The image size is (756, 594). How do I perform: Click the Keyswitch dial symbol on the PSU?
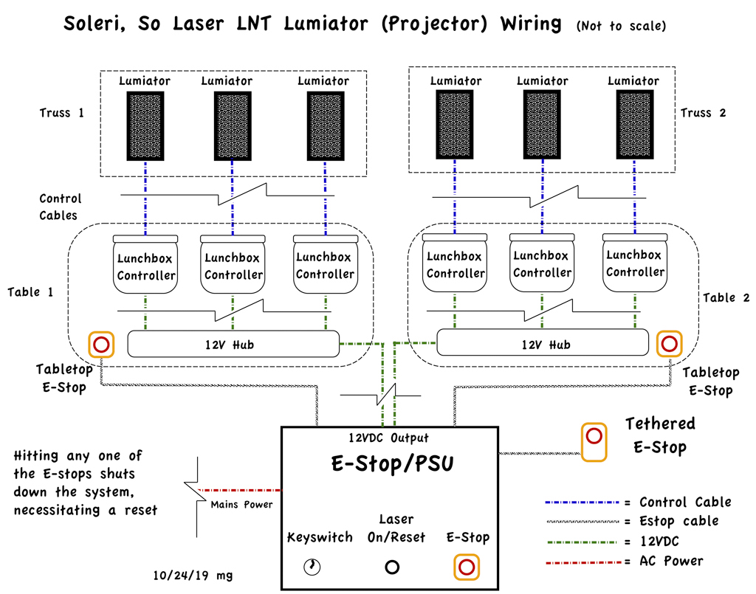[312, 567]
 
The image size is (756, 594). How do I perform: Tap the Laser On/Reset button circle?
[392, 567]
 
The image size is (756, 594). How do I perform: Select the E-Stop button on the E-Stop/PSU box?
[466, 567]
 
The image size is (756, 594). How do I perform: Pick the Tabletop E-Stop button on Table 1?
[101, 344]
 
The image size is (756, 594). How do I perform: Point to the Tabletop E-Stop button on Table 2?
[669, 344]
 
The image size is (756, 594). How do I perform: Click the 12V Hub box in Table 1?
[233, 344]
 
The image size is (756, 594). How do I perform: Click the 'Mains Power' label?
[241, 505]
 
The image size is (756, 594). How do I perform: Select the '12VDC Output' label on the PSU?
[389, 438]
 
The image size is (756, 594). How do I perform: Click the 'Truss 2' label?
[704, 113]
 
